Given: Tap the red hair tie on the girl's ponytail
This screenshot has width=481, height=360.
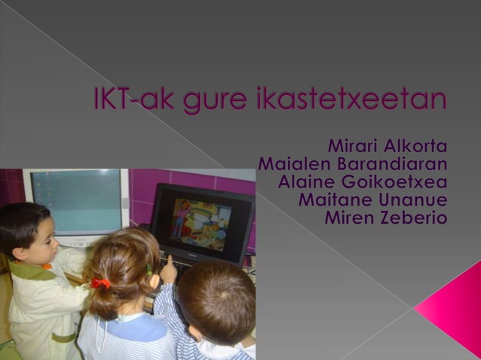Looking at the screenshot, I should (x=100, y=284).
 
